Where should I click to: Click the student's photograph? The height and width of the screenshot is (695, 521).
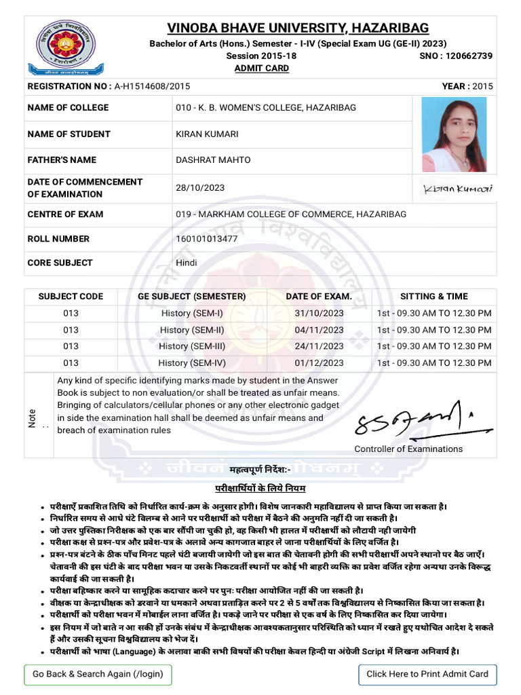[x=454, y=134]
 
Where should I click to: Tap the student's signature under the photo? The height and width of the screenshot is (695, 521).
[x=459, y=188]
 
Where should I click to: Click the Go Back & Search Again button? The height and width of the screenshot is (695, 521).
[x=98, y=674]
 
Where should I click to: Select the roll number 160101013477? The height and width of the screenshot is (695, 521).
[x=207, y=239]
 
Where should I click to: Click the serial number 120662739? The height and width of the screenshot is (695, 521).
[x=465, y=56]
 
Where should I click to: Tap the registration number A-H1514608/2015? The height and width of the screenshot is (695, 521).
[x=152, y=86]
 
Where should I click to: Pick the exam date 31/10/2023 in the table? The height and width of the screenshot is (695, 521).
[x=319, y=314]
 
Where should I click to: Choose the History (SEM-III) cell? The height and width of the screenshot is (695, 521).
[x=192, y=346]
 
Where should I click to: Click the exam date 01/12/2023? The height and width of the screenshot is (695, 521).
[x=319, y=363]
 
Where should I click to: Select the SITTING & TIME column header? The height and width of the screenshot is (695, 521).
[x=434, y=297]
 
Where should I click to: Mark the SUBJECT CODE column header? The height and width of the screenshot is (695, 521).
[x=71, y=297]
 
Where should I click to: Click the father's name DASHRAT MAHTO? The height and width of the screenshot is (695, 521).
[x=213, y=160]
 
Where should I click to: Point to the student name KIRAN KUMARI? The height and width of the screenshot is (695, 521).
[x=207, y=134]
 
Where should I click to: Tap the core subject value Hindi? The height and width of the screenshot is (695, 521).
[x=186, y=263]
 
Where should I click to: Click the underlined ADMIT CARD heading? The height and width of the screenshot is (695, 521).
[x=261, y=69]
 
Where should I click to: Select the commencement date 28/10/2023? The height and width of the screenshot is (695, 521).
[x=200, y=188]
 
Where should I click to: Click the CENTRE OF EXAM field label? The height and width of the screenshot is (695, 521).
[x=65, y=214]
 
